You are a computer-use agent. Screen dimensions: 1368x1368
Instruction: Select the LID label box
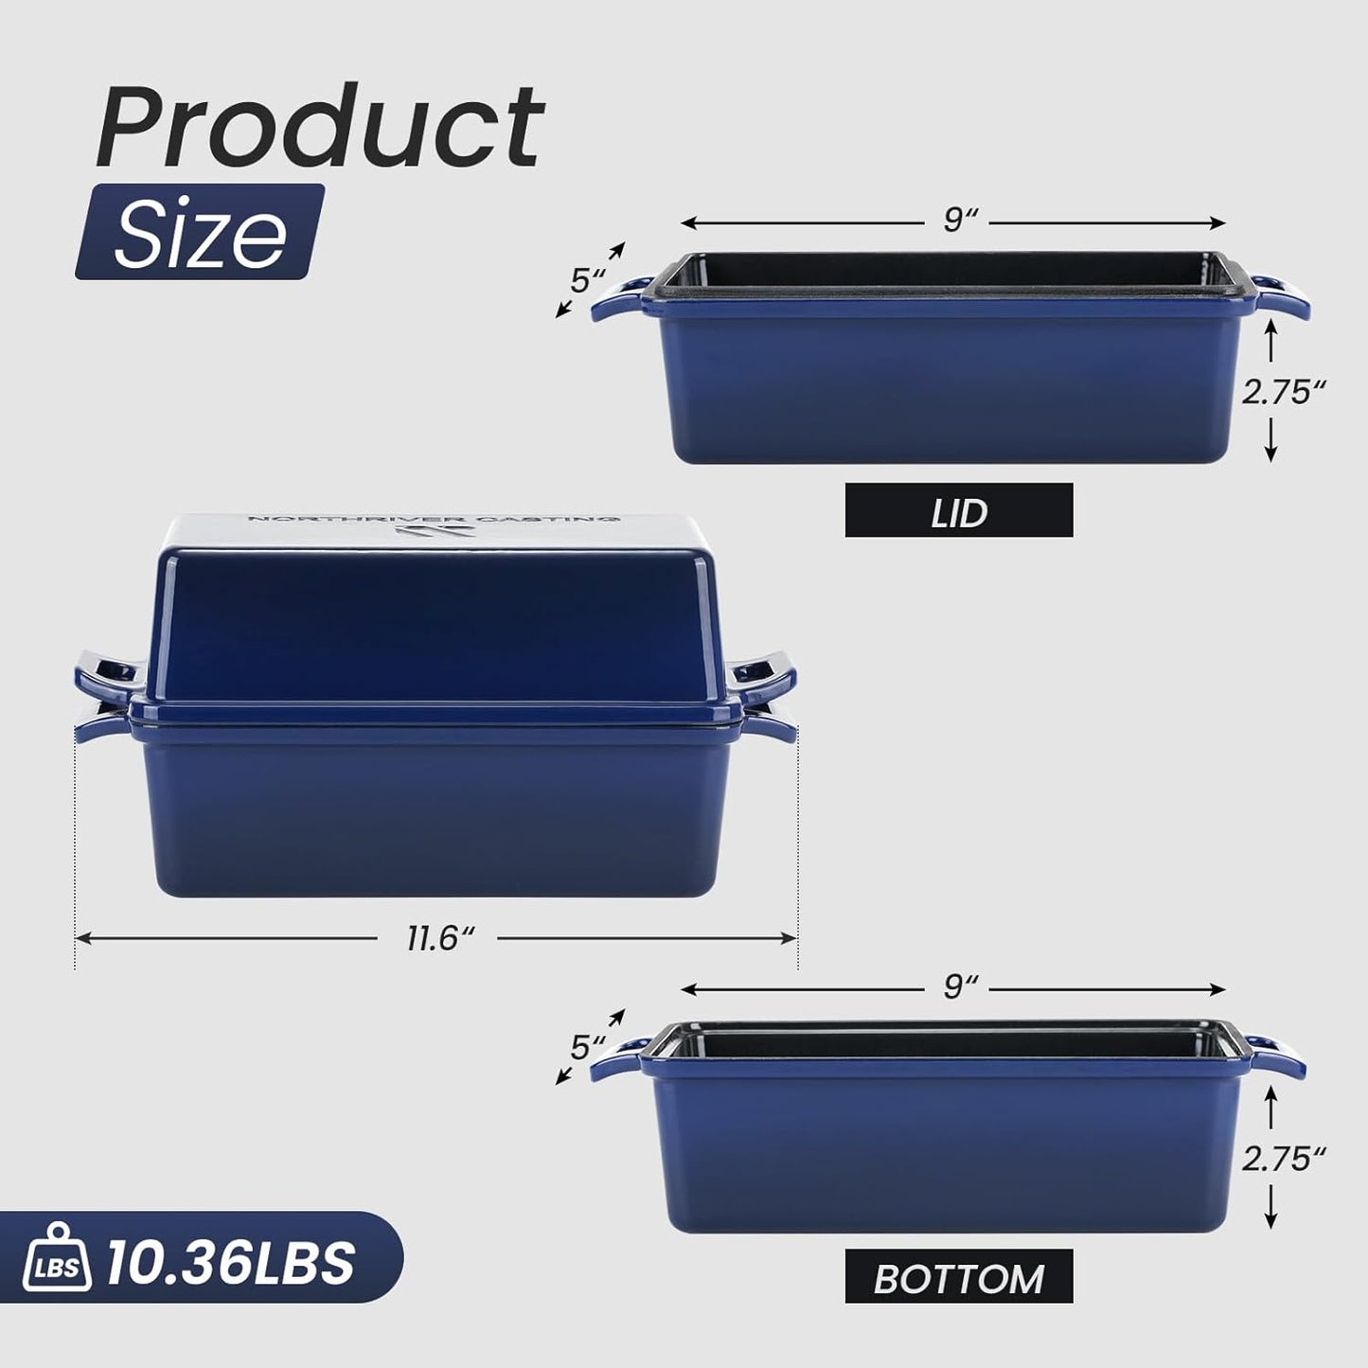958,511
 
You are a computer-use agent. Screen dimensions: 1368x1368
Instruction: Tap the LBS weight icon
58,1261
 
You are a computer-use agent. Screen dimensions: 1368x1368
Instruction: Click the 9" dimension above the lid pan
958,222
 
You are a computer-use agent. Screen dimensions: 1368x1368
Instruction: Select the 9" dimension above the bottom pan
958,987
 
